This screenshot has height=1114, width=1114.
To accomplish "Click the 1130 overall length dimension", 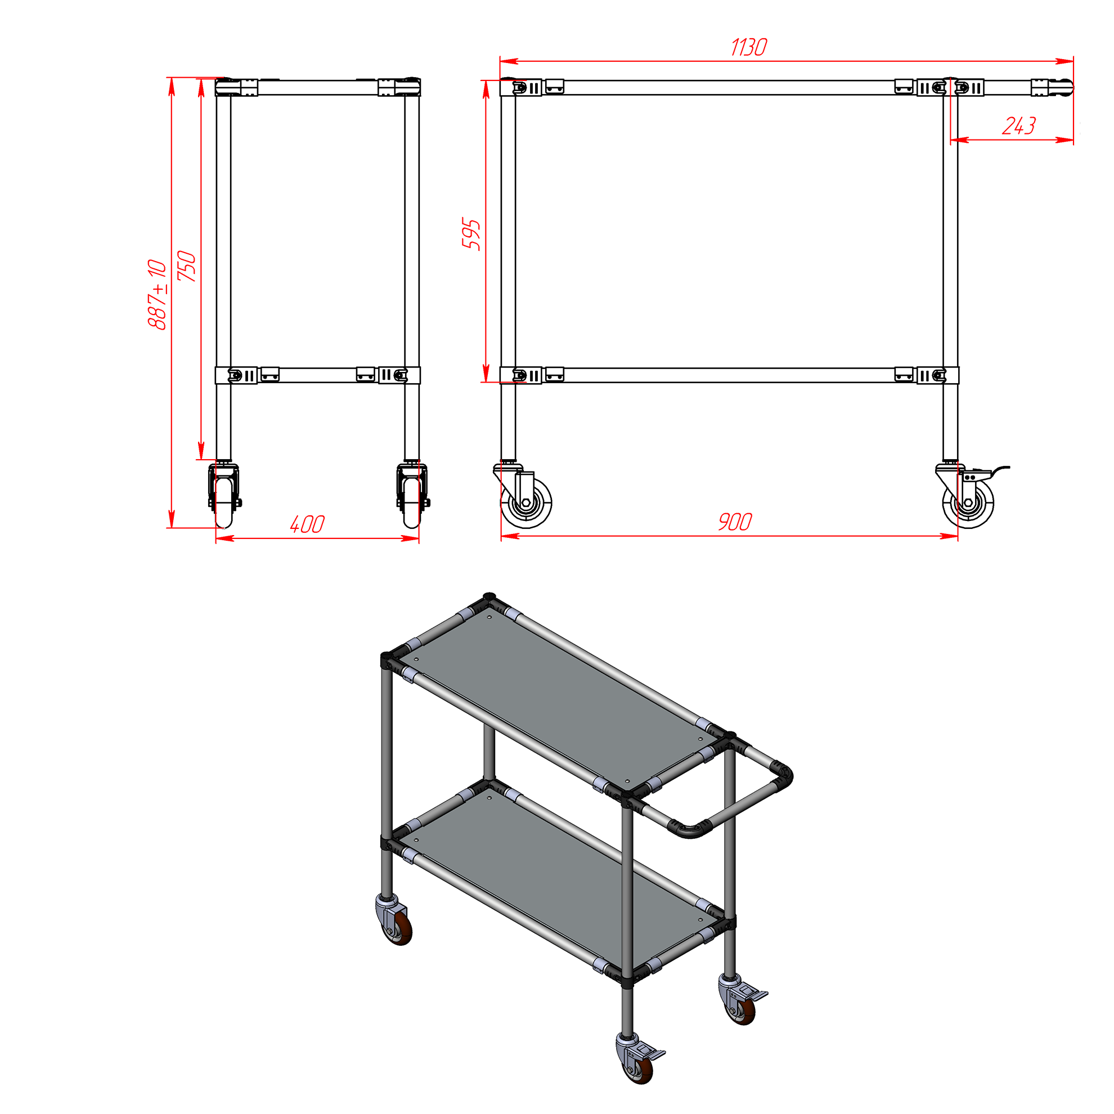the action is pos(748,47).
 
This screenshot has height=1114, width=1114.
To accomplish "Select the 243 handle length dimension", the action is pos(1019,125).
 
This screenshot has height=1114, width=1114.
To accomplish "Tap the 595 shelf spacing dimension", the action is pos(471,233).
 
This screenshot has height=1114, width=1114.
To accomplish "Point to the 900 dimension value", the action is pos(735,522).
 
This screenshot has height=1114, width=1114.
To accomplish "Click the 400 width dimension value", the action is pos(307,524).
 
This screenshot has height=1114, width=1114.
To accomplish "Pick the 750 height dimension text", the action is pos(187,266).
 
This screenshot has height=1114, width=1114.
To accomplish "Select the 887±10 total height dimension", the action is pos(158,295).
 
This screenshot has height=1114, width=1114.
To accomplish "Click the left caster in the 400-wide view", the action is pos(224,495).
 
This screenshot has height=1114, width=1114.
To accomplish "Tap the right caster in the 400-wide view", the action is pos(412,495).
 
